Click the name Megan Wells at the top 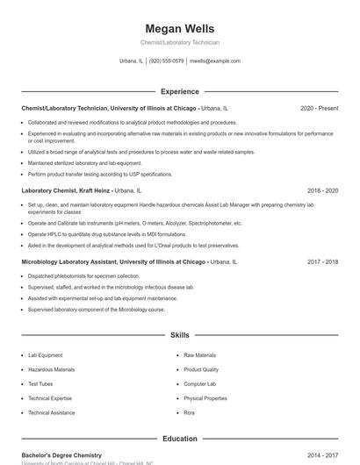tap(179, 29)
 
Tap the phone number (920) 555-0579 tap(166, 61)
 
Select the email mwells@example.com tap(214, 61)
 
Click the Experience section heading tap(179, 91)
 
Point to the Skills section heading tap(179, 335)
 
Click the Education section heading tap(179, 439)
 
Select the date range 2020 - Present tap(319, 108)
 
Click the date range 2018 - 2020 tap(322, 190)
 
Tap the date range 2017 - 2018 tap(322, 261)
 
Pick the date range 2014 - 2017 tap(322, 455)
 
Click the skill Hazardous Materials tap(51, 369)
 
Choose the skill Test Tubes tap(40, 384)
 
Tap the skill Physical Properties tap(205, 398)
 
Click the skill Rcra tap(189, 412)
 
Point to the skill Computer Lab tap(199, 384)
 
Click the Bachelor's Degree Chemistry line tap(61, 455)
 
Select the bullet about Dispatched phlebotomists tap(77, 275)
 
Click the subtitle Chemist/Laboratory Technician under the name tap(179, 42)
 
